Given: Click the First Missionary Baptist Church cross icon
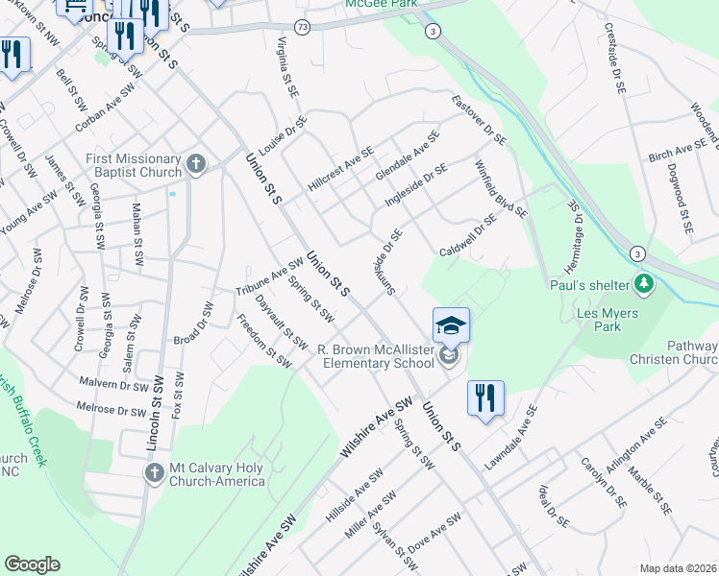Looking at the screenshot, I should pyautogui.click(x=195, y=164).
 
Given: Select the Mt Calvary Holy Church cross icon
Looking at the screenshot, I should pyautogui.click(x=155, y=472).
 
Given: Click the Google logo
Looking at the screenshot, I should pyautogui.click(x=32, y=564).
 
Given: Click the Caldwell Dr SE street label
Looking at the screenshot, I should pyautogui.click(x=468, y=235).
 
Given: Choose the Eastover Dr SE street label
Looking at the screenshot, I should pyautogui.click(x=479, y=120).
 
